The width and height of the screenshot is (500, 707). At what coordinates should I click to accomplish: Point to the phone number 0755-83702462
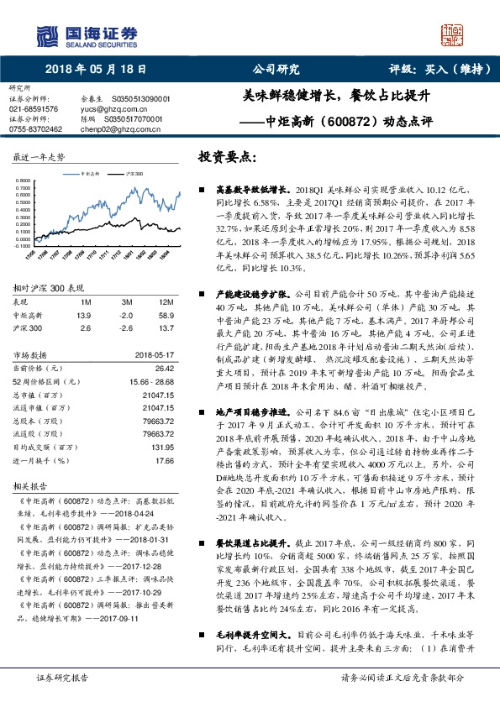click(x=36, y=128)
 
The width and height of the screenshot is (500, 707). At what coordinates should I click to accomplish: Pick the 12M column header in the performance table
click(x=166, y=301)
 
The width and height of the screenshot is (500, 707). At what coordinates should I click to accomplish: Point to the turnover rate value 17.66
click(x=164, y=461)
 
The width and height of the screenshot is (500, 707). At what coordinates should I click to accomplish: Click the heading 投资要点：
click(x=228, y=157)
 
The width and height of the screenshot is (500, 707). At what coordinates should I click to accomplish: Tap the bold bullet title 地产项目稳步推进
click(x=252, y=413)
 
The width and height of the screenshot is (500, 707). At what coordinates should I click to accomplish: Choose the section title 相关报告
click(x=30, y=485)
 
